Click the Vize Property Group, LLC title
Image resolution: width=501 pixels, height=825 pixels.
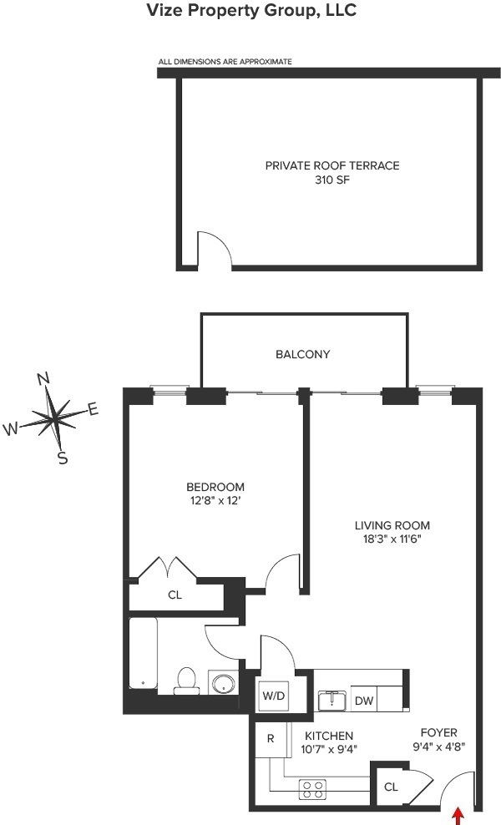click(x=250, y=11)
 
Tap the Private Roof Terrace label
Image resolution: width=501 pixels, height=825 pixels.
click(x=332, y=165)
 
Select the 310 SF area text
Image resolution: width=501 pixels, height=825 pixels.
click(x=332, y=180)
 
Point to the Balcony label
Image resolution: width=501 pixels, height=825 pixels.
click(x=303, y=354)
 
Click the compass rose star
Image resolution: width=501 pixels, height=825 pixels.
click(x=57, y=416)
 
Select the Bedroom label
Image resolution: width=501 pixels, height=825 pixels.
click(x=215, y=487)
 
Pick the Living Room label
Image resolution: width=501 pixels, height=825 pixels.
click(x=392, y=525)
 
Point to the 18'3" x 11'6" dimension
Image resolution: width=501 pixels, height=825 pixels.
click(x=392, y=539)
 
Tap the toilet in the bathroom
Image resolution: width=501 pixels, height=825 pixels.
click(x=185, y=681)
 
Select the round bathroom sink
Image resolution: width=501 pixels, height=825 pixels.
click(x=223, y=683)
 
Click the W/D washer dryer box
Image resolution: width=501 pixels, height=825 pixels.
click(x=274, y=696)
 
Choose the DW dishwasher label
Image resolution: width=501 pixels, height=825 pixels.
click(x=364, y=701)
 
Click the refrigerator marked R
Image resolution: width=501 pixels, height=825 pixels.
click(x=271, y=739)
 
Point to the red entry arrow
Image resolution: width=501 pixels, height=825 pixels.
click(x=458, y=814)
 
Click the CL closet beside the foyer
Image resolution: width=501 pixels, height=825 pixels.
click(x=391, y=786)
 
